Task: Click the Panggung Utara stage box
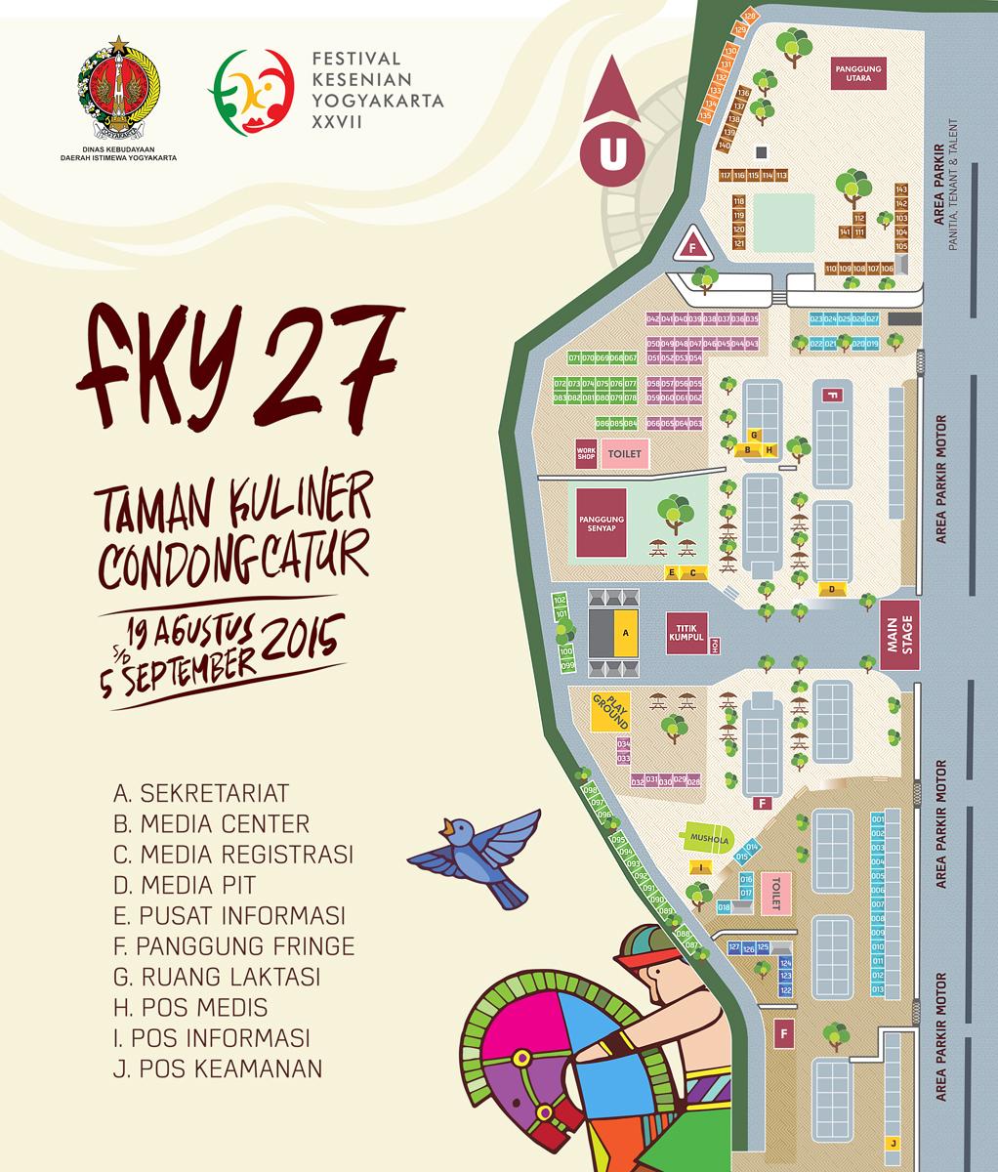858,72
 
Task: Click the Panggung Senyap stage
600,523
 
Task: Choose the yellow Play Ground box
609,712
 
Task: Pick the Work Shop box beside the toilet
586,453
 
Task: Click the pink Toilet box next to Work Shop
624,454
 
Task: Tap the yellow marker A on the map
625,633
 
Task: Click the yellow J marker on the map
893,1143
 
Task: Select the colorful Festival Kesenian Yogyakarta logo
250,90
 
